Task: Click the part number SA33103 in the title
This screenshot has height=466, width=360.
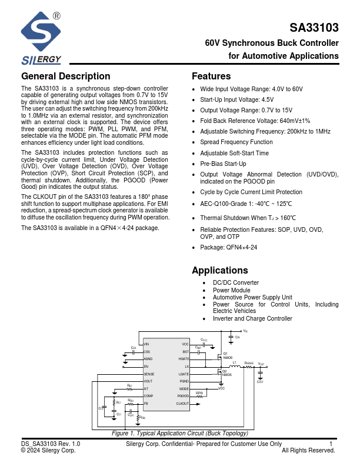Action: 314,28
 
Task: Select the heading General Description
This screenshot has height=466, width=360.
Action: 65,76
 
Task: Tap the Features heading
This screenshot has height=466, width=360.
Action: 211,76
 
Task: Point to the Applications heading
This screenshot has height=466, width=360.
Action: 220,271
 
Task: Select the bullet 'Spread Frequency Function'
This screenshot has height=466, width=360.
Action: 236,142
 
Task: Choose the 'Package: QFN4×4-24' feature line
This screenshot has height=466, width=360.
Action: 229,248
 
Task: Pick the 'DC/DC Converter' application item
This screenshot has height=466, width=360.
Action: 236,283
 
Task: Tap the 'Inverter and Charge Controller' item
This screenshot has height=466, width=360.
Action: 252,318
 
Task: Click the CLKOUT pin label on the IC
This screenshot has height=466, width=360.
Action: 182,404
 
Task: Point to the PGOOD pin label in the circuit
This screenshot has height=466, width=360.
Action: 183,396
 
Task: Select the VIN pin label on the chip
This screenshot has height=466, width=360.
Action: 147,344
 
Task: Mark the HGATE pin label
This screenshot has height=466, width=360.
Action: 184,358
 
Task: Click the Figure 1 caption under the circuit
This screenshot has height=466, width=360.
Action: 180,434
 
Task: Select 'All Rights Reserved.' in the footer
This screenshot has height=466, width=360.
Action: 308,451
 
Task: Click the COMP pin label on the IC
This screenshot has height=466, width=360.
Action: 148,396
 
